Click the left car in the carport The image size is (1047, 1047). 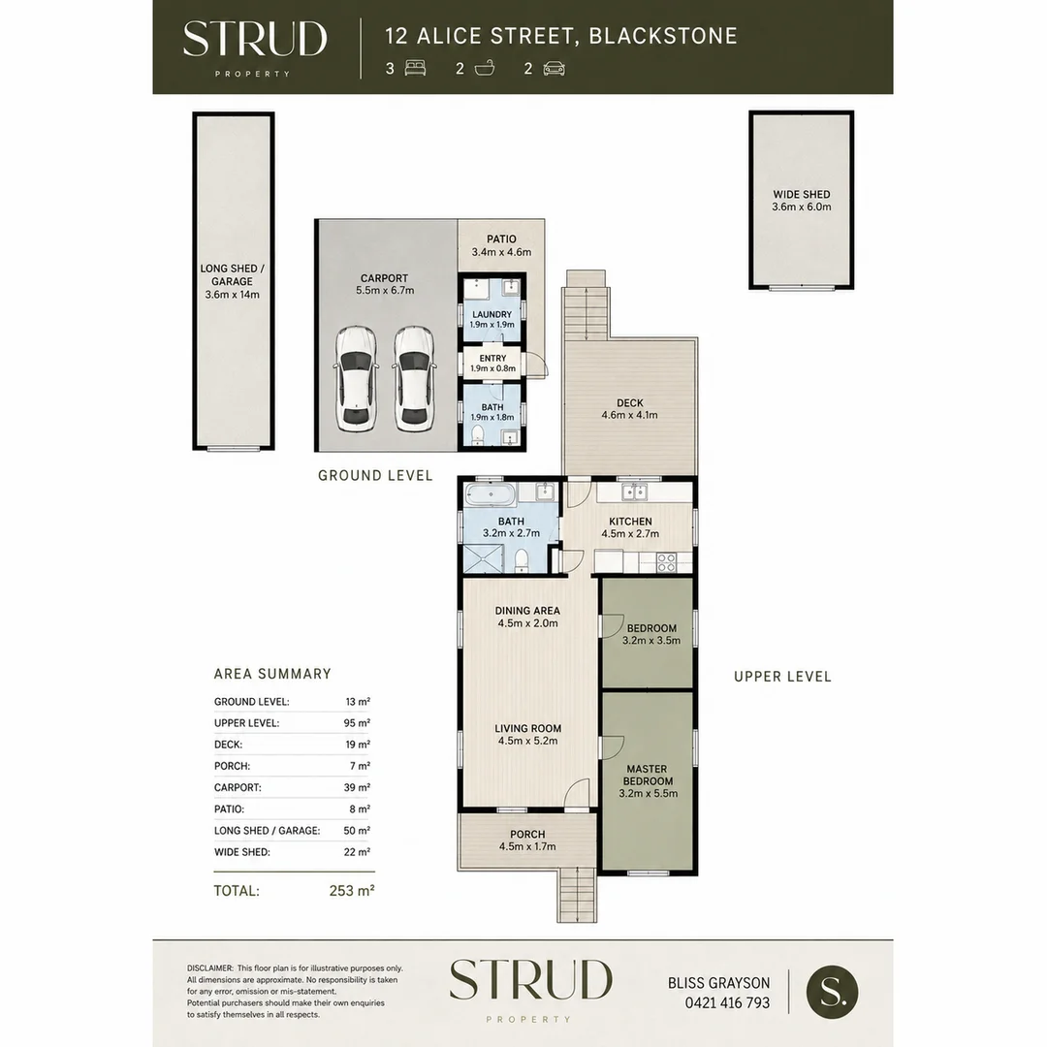[x=356, y=379]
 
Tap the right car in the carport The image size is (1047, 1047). [x=414, y=379]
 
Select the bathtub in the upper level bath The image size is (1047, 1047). [x=491, y=495]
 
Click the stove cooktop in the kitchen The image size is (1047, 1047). [x=666, y=562]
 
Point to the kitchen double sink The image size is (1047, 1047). [x=634, y=492]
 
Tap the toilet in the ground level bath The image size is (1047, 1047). [x=477, y=436]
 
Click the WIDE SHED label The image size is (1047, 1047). [x=802, y=194]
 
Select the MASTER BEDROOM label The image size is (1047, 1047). [x=647, y=776]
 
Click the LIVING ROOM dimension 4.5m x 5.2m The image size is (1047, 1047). [x=527, y=741]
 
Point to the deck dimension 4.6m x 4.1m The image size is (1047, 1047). [x=630, y=415]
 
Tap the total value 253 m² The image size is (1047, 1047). [x=352, y=890]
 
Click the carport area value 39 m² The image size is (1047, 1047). [x=357, y=787]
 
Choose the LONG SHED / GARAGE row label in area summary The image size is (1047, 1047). [x=268, y=831]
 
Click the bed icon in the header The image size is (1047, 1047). [x=415, y=68]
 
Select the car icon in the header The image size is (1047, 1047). [x=555, y=68]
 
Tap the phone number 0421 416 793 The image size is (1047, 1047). [x=727, y=1002]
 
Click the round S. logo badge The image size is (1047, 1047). [x=832, y=992]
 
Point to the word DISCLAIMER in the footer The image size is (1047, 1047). [x=210, y=968]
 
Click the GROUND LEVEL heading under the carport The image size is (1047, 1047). [x=375, y=475]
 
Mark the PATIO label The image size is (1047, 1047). [x=501, y=239]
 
